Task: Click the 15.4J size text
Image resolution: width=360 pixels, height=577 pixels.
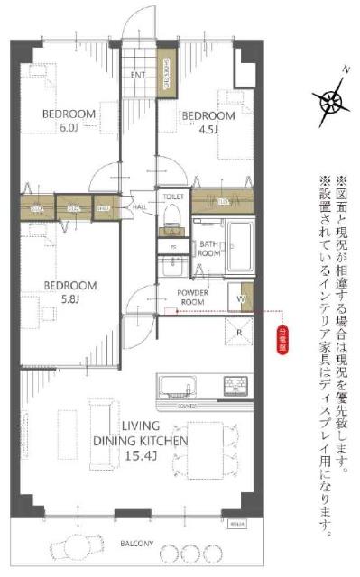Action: coord(139,458)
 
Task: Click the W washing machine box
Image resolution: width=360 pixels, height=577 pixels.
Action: coord(242,298)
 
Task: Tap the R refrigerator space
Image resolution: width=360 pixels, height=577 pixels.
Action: coord(238,332)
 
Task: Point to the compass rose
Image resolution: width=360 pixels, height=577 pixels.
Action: coord(335,98)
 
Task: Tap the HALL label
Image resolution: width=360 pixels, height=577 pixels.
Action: coord(140,206)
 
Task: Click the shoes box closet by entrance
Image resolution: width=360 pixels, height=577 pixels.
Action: coord(168,70)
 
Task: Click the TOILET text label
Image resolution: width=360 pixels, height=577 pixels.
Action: coord(171,196)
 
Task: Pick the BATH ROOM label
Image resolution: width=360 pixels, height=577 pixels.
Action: coord(210,249)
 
